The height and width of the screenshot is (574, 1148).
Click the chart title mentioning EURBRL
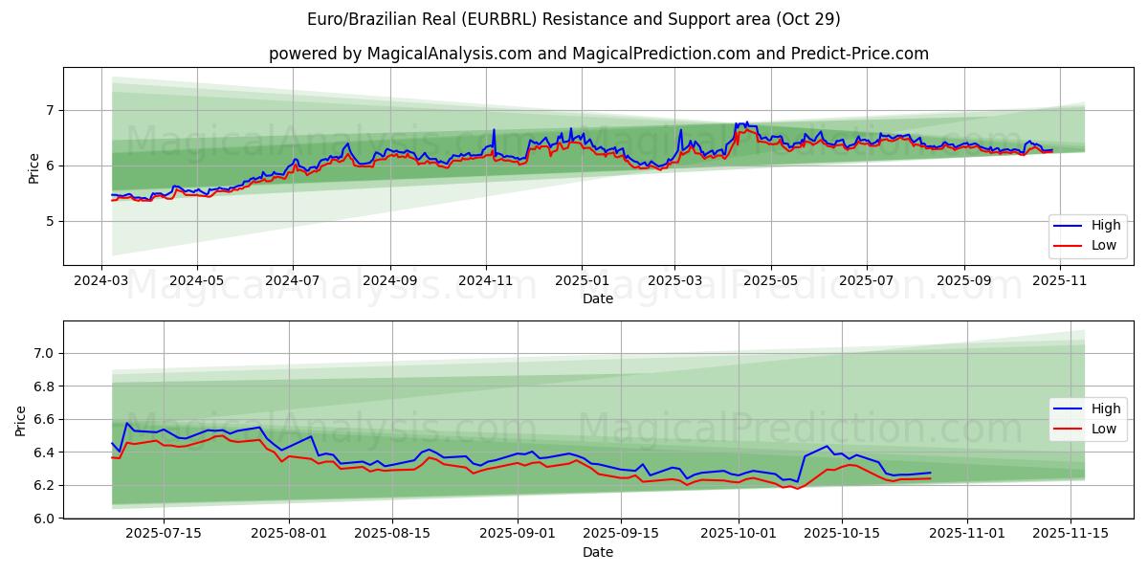coord(574,19)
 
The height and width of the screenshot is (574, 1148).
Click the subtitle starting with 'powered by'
coord(598,54)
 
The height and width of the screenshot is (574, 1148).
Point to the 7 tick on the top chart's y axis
coord(52,111)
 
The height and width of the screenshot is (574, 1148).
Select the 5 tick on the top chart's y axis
coord(52,221)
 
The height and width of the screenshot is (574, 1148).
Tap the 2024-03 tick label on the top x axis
coord(102,282)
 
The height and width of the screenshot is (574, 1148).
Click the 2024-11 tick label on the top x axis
coord(486,282)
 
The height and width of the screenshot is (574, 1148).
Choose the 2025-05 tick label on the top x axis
coord(770,282)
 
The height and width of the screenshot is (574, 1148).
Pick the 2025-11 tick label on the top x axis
coord(1059,282)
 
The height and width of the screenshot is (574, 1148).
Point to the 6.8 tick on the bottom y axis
coord(45,386)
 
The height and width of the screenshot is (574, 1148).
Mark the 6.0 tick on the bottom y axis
coord(45,518)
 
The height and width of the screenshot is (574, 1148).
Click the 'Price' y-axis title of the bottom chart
coord(21,420)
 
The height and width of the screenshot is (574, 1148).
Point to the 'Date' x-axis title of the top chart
coord(598,299)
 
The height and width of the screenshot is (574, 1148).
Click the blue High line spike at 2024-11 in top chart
coord(494,130)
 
